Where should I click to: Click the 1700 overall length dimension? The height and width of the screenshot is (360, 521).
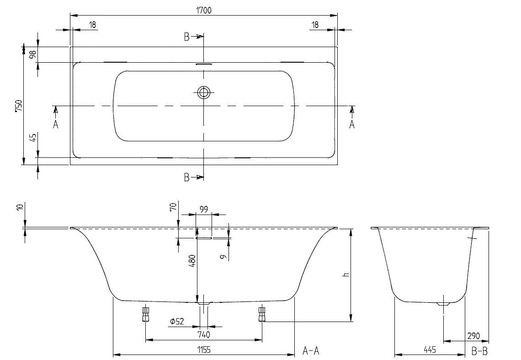tap(204, 10)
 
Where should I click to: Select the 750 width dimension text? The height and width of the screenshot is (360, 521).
tap(18, 105)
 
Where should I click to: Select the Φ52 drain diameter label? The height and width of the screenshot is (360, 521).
tap(176, 322)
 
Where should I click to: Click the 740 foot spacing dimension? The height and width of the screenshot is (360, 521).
tap(204, 335)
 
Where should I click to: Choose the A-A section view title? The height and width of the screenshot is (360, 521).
tap(310, 351)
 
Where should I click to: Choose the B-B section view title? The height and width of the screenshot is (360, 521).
tap(479, 351)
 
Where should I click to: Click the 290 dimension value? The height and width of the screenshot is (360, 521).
tap(473, 336)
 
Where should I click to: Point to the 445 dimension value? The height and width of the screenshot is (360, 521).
tap(429, 349)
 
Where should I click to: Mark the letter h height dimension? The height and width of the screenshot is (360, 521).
tap(346, 274)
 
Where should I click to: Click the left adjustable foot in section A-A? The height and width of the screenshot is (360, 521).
tap(146, 314)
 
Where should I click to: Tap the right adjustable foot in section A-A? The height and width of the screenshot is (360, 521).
tap(262, 314)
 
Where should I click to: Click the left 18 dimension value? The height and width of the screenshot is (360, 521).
tap(92, 25)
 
